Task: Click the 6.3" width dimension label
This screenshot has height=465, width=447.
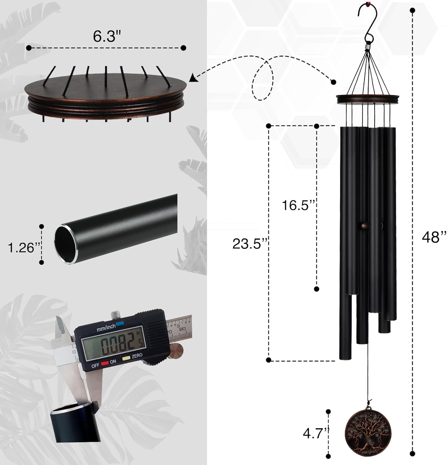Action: pos(106,37)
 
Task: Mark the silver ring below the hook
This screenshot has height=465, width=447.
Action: pos(367,47)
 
